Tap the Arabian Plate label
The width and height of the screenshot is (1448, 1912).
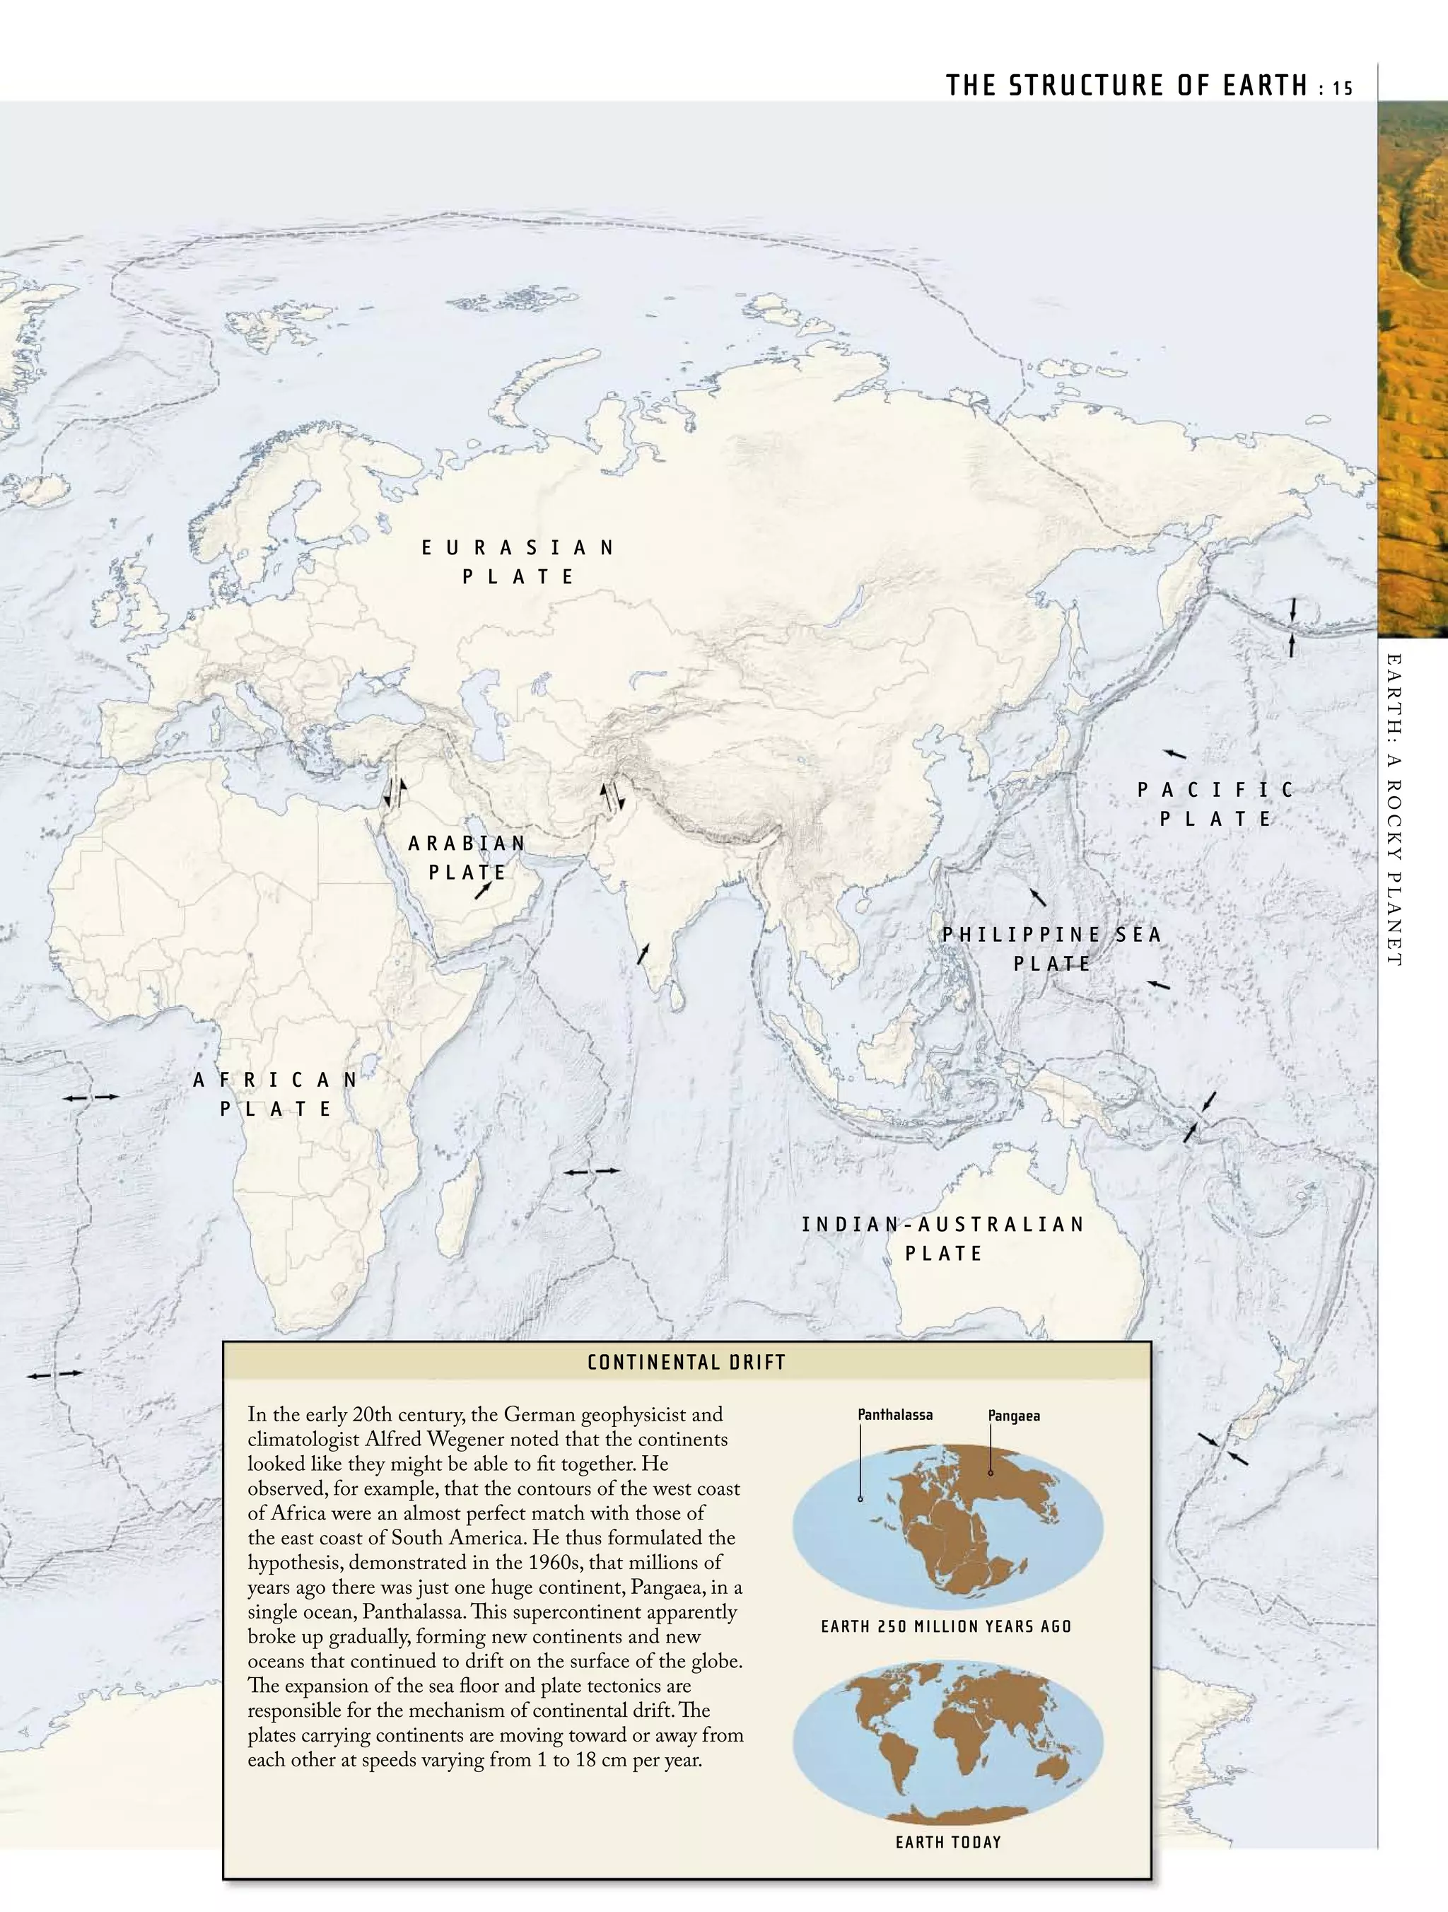coord(467,858)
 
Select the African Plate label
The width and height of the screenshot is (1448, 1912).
coord(276,1095)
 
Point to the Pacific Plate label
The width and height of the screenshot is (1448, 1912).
coord(1215,804)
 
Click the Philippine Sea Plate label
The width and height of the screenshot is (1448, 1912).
coord(1051,949)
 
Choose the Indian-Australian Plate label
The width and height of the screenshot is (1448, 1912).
coord(943,1239)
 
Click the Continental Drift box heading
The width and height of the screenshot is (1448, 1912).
coord(687,1363)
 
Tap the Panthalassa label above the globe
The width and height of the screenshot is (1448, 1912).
coord(894,1415)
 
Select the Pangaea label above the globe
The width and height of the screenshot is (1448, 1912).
coord(1014,1416)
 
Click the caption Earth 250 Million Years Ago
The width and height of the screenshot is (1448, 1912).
coord(946,1627)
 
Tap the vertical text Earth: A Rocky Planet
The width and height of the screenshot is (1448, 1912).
coord(1393,810)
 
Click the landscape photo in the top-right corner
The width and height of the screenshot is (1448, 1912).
coord(1413,363)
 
